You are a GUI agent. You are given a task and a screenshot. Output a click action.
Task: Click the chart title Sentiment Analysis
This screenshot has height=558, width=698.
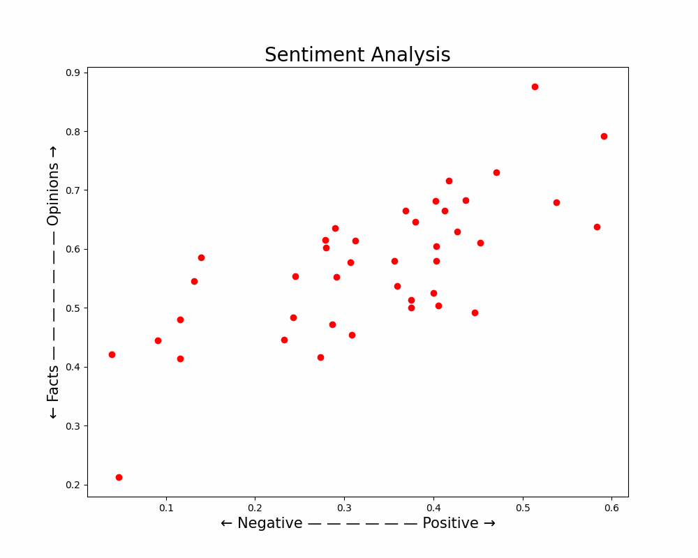pyautogui.click(x=357, y=55)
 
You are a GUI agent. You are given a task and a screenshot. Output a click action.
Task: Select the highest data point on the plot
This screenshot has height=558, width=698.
pyautogui.click(x=535, y=86)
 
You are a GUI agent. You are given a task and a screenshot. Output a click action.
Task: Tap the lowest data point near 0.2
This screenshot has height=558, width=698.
pyautogui.click(x=119, y=477)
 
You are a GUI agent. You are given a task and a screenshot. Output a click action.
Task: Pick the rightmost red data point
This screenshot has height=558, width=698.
pyautogui.click(x=604, y=136)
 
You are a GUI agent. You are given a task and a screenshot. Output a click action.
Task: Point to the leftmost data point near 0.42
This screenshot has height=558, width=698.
pyautogui.click(x=112, y=354)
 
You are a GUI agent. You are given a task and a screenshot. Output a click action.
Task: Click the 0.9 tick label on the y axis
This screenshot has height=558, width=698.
pyautogui.click(x=72, y=73)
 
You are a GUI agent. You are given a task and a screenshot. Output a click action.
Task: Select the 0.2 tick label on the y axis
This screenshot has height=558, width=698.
pyautogui.click(x=72, y=485)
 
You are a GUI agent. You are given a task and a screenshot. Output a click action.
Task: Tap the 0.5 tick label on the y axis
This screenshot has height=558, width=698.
pyautogui.click(x=72, y=308)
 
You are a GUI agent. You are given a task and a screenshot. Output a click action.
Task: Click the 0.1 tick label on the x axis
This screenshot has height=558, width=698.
pyautogui.click(x=166, y=508)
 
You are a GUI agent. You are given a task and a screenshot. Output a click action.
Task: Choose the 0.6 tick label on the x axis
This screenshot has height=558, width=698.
pyautogui.click(x=611, y=508)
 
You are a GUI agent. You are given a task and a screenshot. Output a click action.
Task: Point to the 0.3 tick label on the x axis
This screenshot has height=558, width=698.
pyautogui.click(x=344, y=508)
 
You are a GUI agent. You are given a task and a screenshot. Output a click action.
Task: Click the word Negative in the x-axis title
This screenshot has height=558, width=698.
pyautogui.click(x=270, y=523)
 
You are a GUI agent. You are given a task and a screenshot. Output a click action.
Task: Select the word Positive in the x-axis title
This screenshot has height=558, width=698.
pyautogui.click(x=450, y=523)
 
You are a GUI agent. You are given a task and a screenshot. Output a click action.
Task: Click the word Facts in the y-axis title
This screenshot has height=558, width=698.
pyautogui.click(x=54, y=383)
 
